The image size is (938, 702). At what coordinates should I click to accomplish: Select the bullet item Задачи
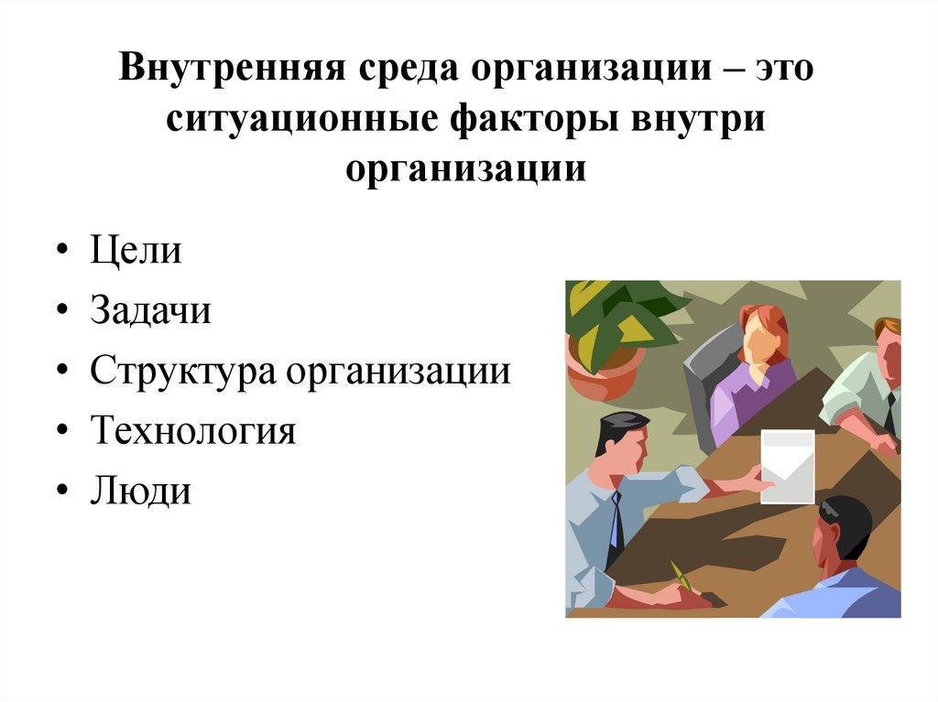point(150,311)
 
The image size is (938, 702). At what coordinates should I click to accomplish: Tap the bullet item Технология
point(193,431)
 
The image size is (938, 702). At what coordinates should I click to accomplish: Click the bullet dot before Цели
point(60,254)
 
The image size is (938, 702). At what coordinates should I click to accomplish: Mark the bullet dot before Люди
point(60,493)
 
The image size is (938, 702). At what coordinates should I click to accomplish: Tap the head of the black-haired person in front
point(844,526)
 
